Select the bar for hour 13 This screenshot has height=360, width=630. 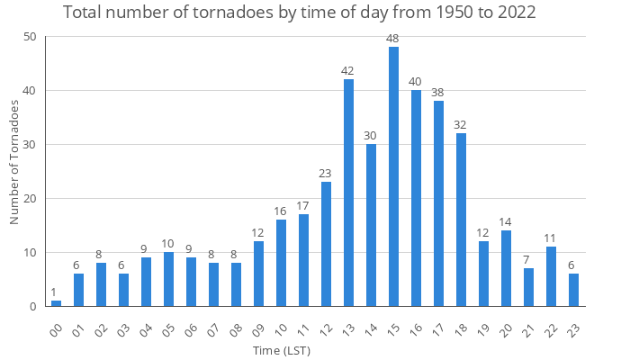coord(348,193)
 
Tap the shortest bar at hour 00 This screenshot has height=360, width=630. coord(56,303)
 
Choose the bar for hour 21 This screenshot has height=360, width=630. coord(528,287)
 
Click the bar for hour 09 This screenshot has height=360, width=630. coord(258,274)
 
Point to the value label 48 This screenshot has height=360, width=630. coord(393,40)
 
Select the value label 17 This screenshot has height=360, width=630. coord(303,207)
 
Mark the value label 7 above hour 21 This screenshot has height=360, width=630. coord(528,261)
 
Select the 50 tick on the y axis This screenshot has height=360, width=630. coord(31,37)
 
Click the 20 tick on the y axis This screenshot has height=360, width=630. coord(31,199)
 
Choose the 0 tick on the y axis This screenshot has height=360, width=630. coord(33,307)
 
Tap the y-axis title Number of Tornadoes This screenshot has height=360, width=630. coord(14,163)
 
